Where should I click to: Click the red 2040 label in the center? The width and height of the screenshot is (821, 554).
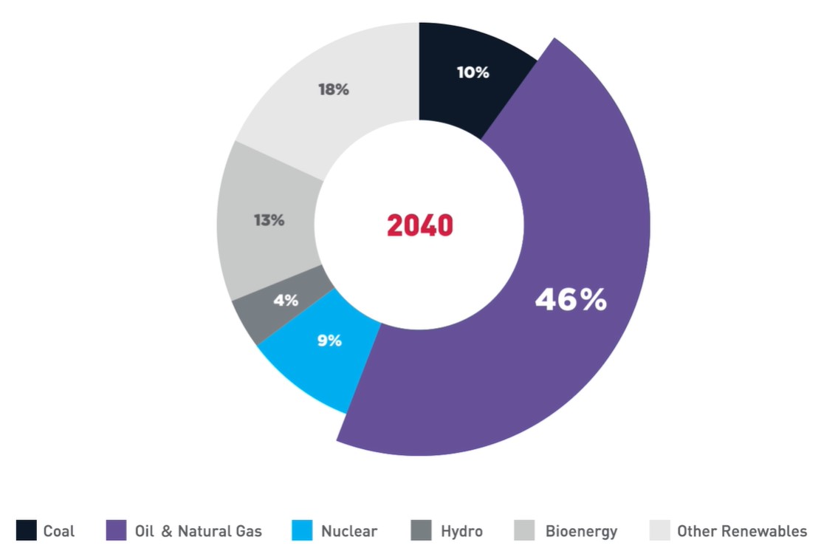pyautogui.click(x=419, y=225)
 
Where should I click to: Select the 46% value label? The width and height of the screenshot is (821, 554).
pyautogui.click(x=571, y=299)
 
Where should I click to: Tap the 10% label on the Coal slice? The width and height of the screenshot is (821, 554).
pyautogui.click(x=473, y=72)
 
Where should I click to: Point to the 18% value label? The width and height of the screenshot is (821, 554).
pyautogui.click(x=333, y=89)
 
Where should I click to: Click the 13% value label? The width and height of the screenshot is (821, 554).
pyautogui.click(x=269, y=220)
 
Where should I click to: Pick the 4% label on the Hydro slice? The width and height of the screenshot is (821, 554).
pyautogui.click(x=286, y=300)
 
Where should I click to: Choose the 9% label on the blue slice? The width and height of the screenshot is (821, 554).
pyautogui.click(x=329, y=341)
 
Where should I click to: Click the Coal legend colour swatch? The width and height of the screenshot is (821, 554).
pyautogui.click(x=25, y=530)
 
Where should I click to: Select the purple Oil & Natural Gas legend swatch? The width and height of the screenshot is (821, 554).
pyautogui.click(x=116, y=530)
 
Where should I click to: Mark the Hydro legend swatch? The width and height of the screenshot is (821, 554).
pyautogui.click(x=421, y=530)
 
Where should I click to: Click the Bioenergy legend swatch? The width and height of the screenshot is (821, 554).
pyautogui.click(x=525, y=530)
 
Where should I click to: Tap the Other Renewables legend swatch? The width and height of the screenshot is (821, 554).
pyautogui.click(x=659, y=530)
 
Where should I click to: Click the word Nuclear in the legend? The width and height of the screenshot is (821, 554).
pyautogui.click(x=349, y=531)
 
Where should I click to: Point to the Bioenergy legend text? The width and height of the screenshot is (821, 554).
pyautogui.click(x=581, y=531)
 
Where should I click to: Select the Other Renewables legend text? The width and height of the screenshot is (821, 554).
pyautogui.click(x=741, y=531)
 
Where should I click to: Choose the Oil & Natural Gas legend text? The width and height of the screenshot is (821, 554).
pyautogui.click(x=198, y=531)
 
